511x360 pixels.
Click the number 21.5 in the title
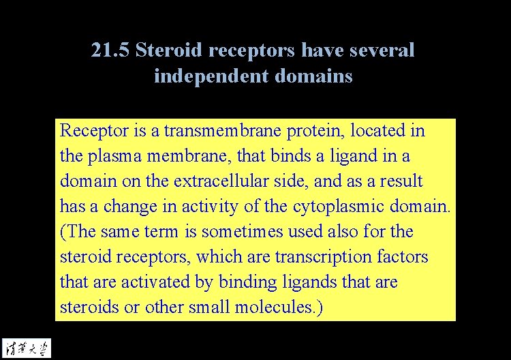point(110,50)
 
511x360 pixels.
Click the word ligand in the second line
point(352,156)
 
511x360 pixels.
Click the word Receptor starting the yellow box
point(88,130)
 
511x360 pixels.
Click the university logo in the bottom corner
point(26,346)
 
